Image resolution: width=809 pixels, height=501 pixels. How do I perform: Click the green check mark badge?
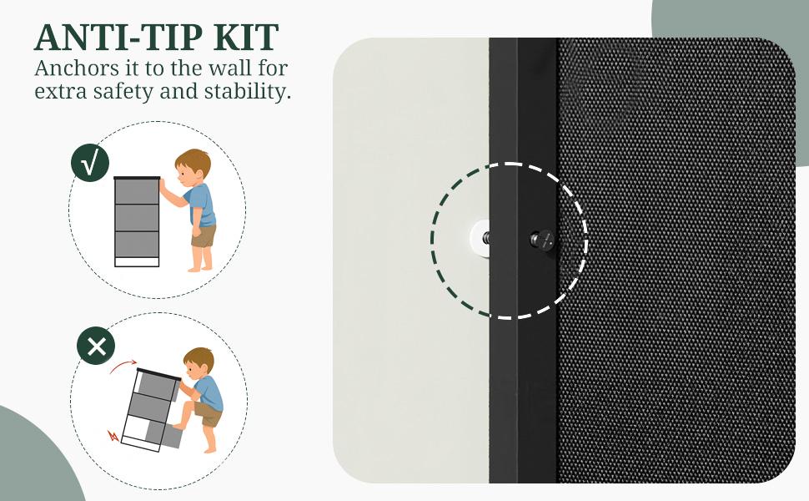(90, 163)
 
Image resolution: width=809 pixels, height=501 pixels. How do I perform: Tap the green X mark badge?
(96, 346)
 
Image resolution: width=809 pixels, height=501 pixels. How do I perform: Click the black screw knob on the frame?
(542, 240)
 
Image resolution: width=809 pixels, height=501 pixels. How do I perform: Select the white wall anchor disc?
(480, 238)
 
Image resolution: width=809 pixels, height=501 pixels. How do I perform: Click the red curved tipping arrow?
(123, 366)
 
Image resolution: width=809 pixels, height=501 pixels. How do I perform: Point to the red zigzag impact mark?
(113, 435)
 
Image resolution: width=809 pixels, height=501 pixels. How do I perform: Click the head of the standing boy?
(193, 165)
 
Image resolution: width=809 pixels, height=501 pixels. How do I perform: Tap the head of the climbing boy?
(198, 362)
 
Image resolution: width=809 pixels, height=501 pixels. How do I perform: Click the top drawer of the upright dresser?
(137, 191)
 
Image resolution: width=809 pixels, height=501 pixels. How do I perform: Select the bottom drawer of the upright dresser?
(137, 244)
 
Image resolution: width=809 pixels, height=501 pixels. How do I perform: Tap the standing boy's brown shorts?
(204, 236)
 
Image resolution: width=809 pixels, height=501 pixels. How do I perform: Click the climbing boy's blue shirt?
(209, 393)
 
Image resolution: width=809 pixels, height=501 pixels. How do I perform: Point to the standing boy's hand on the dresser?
(162, 183)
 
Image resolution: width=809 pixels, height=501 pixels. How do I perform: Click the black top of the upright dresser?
(137, 178)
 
